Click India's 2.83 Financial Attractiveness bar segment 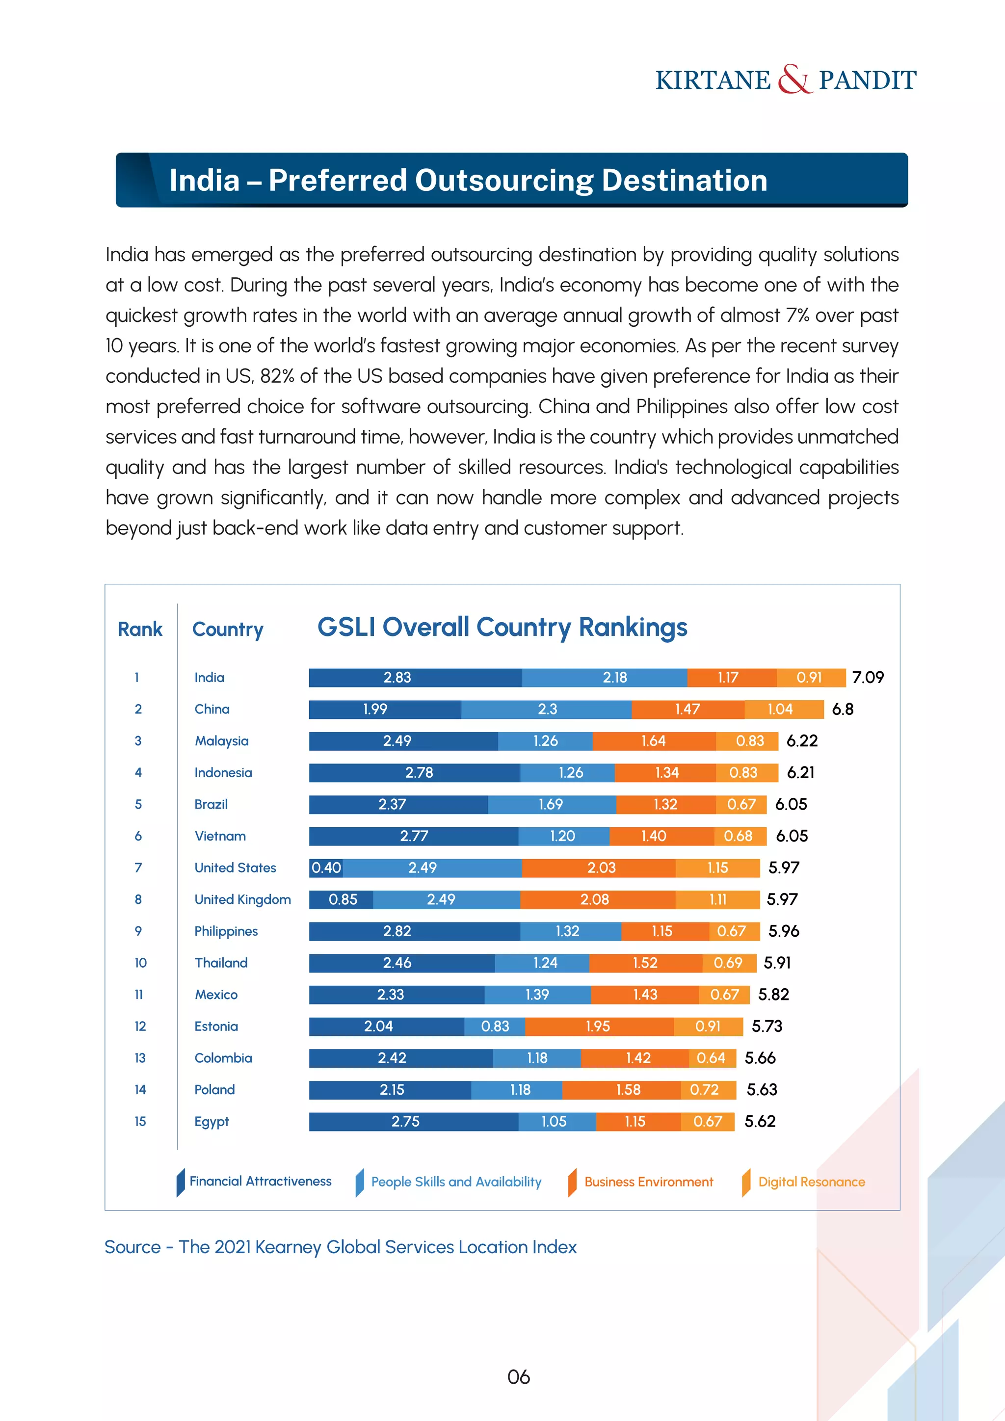415,677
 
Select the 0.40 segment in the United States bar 326,868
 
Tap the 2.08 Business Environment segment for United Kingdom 596,899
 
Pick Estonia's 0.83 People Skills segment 495,1026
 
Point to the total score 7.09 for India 868,677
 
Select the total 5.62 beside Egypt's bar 760,1122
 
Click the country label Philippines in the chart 226,931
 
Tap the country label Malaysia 221,741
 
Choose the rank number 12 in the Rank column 140,1026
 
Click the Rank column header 140,630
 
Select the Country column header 228,630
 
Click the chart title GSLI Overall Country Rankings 502,627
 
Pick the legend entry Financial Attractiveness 260,1182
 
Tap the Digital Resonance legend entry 811,1182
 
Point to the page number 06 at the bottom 519,1377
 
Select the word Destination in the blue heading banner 685,181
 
